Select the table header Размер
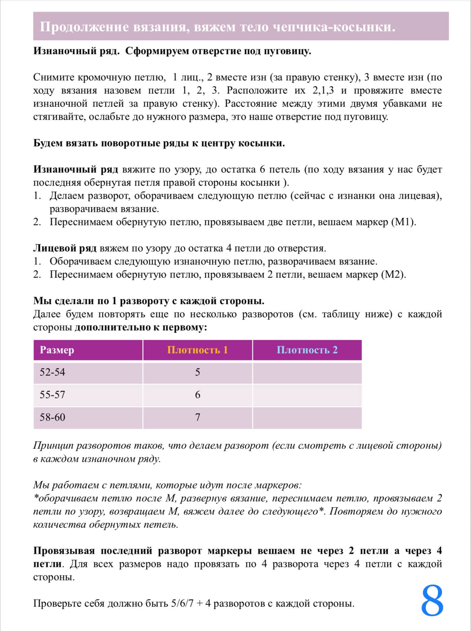[57, 350]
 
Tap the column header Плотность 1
[197, 350]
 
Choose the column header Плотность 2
[307, 350]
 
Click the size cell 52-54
[52, 372]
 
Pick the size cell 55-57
[52, 395]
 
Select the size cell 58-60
[52, 417]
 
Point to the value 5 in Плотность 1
[198, 372]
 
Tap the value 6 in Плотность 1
[198, 395]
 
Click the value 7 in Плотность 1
[198, 417]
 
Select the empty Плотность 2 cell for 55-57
[307, 395]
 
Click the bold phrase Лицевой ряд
[65, 248]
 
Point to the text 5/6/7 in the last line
[182, 603]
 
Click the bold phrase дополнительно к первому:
[141, 327]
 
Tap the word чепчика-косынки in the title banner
[333, 27]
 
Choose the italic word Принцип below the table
[53, 446]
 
